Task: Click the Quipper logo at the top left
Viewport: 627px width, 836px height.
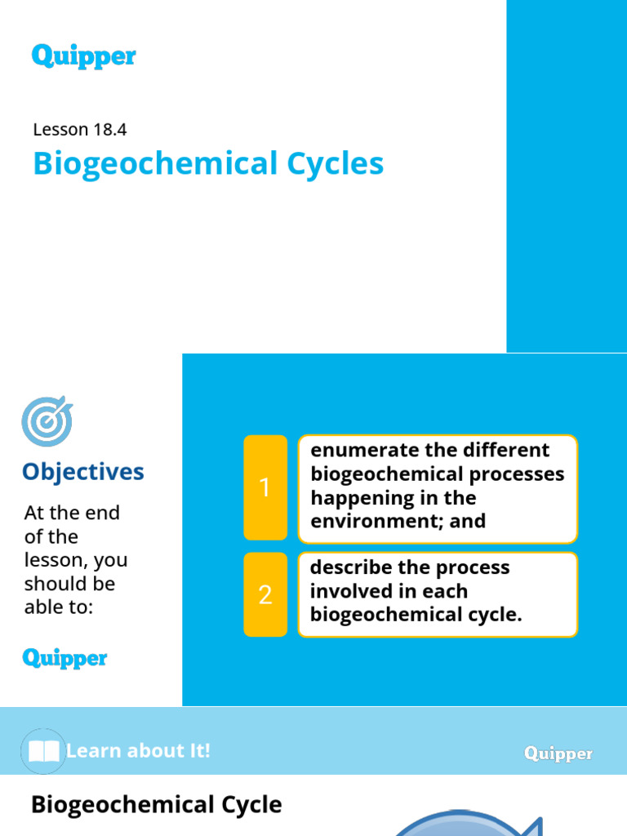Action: click(83, 56)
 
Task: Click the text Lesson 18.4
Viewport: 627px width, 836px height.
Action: click(79, 129)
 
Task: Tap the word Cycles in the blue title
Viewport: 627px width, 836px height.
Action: click(336, 164)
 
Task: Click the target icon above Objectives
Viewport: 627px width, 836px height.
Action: click(47, 421)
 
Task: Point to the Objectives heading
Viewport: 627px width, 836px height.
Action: click(82, 471)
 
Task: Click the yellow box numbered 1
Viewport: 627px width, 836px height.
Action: click(265, 487)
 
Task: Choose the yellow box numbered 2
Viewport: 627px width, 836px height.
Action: click(265, 595)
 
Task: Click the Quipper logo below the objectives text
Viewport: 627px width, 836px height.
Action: click(64, 658)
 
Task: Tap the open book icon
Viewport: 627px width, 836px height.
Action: click(43, 751)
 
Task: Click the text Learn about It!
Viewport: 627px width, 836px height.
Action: click(138, 751)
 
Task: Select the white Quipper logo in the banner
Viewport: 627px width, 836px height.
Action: click(558, 754)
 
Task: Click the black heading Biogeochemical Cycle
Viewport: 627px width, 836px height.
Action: click(156, 805)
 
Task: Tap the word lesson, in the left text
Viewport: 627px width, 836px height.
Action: click(58, 561)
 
